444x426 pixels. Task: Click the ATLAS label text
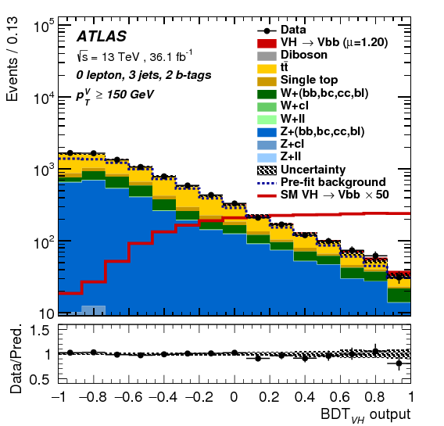102,37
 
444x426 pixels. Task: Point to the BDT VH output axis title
364,414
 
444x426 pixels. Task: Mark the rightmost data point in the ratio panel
399,363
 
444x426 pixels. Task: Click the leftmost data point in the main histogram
70,153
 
